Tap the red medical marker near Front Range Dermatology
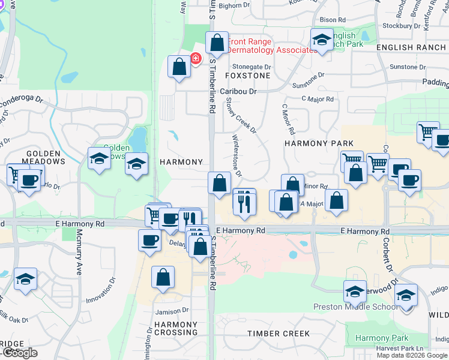(195, 59)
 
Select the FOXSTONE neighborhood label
(247, 76)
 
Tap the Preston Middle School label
(355, 307)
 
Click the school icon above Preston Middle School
(355, 292)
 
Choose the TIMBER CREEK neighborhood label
(278, 333)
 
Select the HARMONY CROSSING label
(175, 328)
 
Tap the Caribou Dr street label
(238, 91)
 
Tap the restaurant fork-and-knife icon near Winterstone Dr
(244, 202)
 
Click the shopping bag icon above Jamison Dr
(162, 277)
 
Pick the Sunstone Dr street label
(308, 76)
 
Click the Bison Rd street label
(333, 20)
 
